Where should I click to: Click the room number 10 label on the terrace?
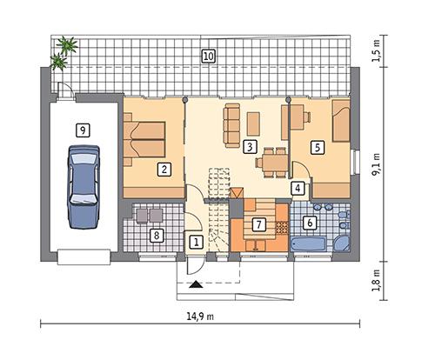coord(208,57)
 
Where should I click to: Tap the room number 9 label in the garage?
coord(82,130)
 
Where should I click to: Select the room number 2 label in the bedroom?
coord(163,170)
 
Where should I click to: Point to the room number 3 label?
coord(250,146)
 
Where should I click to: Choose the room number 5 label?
coord(318,147)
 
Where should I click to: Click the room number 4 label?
coord(298,187)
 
